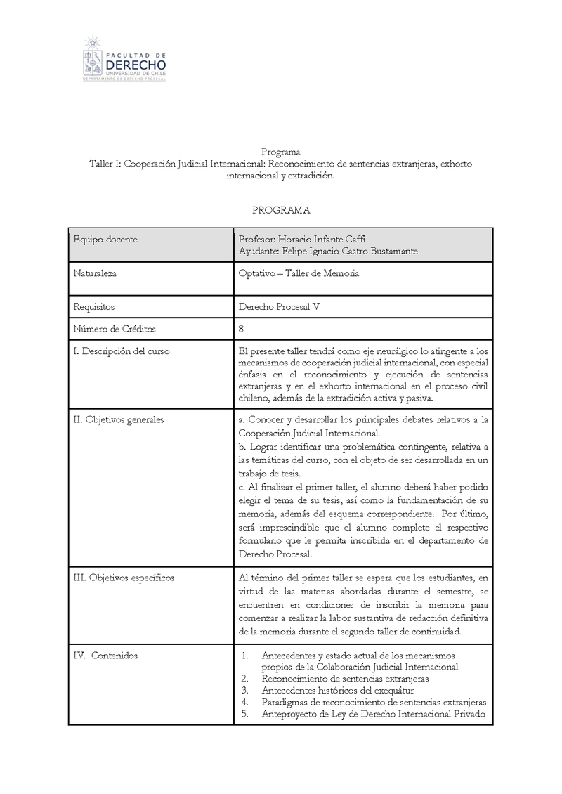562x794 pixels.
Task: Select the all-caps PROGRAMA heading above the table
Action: (280, 210)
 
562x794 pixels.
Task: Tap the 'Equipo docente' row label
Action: (105, 240)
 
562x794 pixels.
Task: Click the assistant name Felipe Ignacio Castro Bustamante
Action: (327, 252)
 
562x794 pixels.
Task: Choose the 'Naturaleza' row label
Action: (95, 273)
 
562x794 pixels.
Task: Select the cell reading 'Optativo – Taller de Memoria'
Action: (299, 273)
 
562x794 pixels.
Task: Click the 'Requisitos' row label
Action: (94, 307)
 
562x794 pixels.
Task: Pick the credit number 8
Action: (242, 329)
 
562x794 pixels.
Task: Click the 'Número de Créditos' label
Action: (114, 329)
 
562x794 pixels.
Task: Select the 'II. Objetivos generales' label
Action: (119, 419)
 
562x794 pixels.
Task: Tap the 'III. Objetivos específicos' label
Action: (124, 578)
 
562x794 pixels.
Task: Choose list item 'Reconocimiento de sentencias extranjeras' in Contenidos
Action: (345, 679)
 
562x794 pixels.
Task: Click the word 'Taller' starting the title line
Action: (102, 164)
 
